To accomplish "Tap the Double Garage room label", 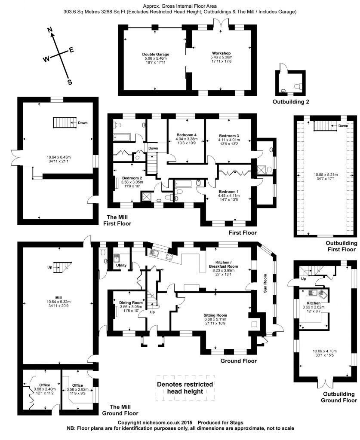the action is (x=156, y=55).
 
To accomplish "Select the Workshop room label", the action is (x=221, y=53).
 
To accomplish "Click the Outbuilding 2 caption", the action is (x=291, y=101).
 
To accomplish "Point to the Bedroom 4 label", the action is (x=187, y=135).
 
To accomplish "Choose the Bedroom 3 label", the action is (x=229, y=136).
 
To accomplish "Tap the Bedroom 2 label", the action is (x=132, y=178).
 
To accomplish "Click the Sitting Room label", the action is (x=215, y=315).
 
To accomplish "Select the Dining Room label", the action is (x=131, y=303).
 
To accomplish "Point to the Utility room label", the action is (x=121, y=265).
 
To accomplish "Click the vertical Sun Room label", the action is (x=265, y=284).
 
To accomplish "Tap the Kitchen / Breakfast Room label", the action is (x=223, y=264).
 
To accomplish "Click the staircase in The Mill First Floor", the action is (x=65, y=122).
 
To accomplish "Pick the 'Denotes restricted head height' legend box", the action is (x=185, y=388).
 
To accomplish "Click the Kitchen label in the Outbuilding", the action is (x=314, y=303).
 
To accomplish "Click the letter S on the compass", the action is (x=70, y=82).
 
